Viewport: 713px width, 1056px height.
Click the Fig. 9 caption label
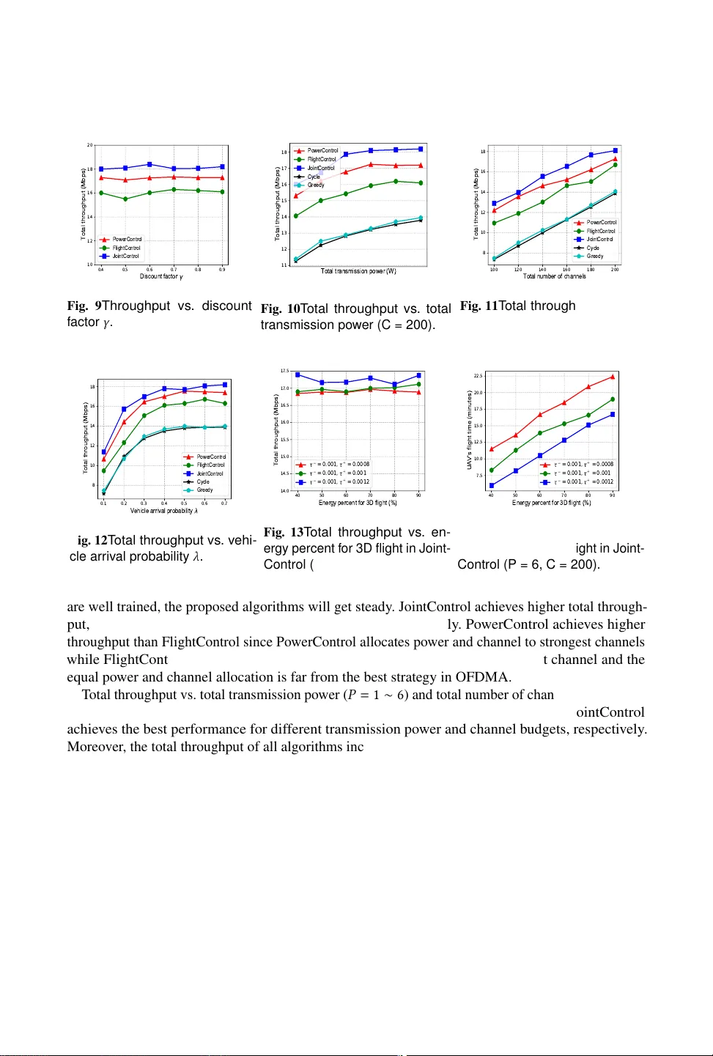(x=84, y=306)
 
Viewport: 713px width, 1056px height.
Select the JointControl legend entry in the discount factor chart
(x=125, y=256)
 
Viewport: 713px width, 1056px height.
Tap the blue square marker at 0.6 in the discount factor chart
(x=149, y=165)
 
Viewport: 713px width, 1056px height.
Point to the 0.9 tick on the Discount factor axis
(x=222, y=270)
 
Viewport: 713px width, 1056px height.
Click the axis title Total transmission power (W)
(x=358, y=271)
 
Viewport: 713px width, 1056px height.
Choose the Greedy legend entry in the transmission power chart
(x=315, y=185)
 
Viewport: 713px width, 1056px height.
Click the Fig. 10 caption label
(x=281, y=309)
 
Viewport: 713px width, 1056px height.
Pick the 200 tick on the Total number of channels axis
(x=615, y=270)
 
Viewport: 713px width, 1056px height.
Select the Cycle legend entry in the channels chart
(x=593, y=248)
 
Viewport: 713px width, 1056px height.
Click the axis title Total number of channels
(x=554, y=276)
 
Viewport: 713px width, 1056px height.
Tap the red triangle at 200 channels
(x=615, y=159)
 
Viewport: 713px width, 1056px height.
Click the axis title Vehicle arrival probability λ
(x=164, y=511)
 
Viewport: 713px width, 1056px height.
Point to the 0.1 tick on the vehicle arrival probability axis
(x=103, y=503)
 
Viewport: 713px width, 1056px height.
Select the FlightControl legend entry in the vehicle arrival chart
(x=210, y=465)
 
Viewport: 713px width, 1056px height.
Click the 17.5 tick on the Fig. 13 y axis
(x=284, y=372)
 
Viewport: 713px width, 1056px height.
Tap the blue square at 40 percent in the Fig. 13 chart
(x=298, y=374)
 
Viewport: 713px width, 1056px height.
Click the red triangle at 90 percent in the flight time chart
(x=613, y=377)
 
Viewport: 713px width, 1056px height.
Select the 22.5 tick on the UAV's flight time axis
(x=478, y=376)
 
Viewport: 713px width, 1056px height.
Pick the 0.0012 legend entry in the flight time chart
(x=583, y=482)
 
